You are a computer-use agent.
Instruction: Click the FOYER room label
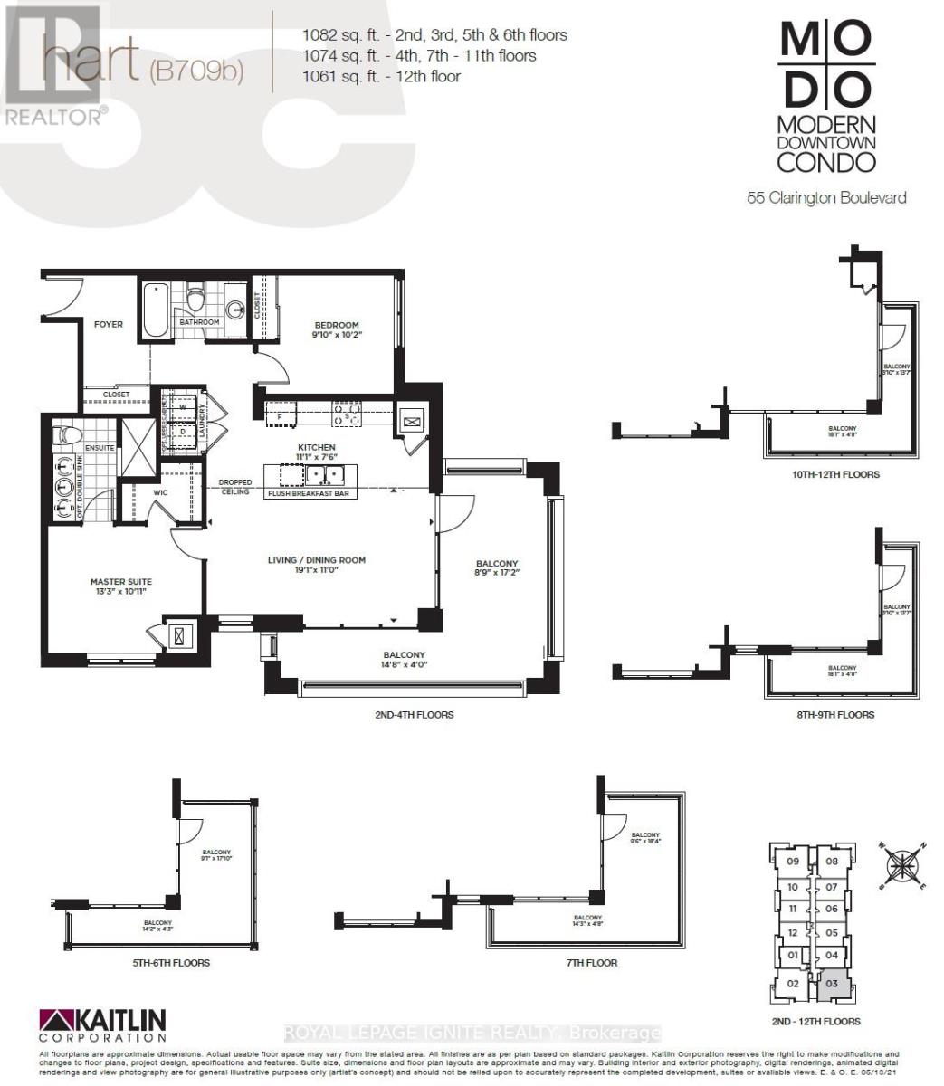(109, 324)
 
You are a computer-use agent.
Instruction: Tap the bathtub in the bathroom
(155, 310)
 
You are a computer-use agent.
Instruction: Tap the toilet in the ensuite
(64, 435)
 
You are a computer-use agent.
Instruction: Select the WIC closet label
(159, 493)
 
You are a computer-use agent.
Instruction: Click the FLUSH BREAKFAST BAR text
(307, 494)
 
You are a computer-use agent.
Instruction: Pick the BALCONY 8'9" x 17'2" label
(496, 568)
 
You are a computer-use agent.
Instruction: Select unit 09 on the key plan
(792, 862)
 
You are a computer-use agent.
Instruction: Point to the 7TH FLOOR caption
(590, 963)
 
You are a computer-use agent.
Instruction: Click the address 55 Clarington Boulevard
(826, 197)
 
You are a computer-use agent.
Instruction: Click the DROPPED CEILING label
(234, 487)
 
